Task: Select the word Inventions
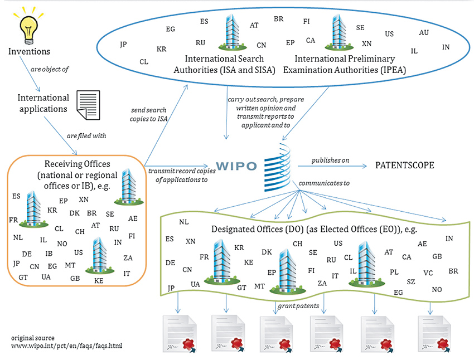(29, 52)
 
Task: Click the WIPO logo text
(236, 166)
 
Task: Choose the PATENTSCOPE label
(405, 166)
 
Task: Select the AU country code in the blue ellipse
(424, 33)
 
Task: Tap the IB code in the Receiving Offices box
(49, 254)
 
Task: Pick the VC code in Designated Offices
(428, 273)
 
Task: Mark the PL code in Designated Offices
(394, 272)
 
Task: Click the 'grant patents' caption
(298, 305)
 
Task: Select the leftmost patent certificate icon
(177, 333)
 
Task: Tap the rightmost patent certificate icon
(433, 333)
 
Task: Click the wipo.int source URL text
(66, 346)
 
